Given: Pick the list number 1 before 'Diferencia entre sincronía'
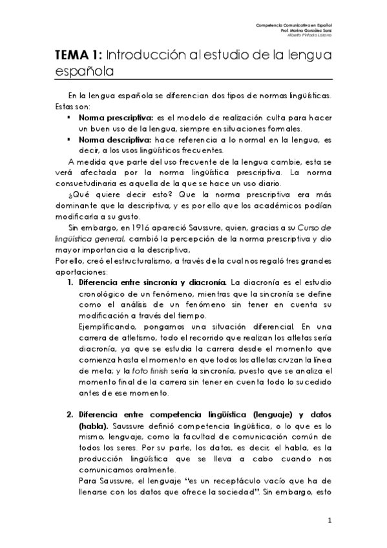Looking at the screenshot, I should pos(71,284).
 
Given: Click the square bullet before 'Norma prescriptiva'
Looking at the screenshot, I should pos(68,120).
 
